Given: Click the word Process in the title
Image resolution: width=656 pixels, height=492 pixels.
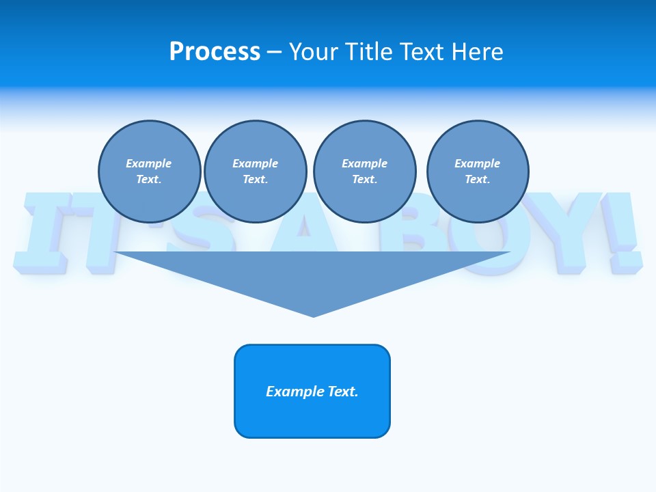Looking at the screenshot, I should tap(215, 52).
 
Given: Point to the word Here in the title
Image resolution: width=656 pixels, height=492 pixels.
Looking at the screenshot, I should tap(478, 52).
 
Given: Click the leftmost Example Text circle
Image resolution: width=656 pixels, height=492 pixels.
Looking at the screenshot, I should tap(149, 172).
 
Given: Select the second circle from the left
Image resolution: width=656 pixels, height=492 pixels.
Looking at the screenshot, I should tap(255, 172).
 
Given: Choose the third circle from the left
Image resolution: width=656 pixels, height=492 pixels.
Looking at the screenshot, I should tap(364, 172).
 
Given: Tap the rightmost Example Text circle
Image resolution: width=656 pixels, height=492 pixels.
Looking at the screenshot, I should tap(478, 172).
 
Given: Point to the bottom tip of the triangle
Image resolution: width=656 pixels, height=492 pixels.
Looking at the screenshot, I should tap(313, 315).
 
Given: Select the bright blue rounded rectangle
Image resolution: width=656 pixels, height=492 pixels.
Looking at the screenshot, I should tap(312, 391).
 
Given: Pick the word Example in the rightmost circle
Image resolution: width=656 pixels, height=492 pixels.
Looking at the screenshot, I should tap(478, 163).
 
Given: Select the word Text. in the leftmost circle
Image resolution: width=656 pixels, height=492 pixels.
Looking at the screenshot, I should tap(149, 180).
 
